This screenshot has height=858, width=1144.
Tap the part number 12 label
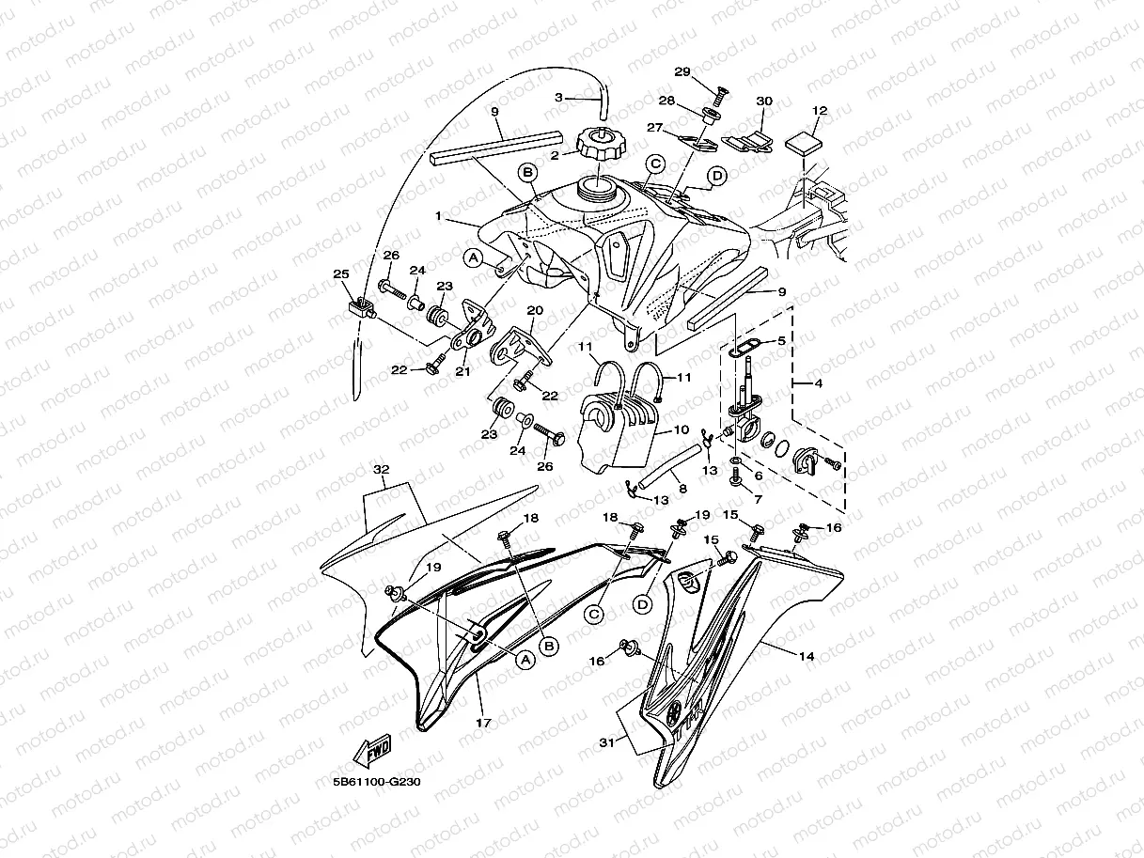coord(819,111)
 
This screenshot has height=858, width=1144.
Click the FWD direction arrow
coord(371,752)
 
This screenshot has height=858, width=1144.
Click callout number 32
coord(380,468)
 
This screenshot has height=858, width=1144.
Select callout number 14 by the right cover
coord(806,657)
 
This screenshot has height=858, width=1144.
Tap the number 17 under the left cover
coord(483,724)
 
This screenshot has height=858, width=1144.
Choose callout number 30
coord(763,101)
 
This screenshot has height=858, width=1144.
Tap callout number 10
coord(681,429)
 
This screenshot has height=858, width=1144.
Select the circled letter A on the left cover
coord(525,659)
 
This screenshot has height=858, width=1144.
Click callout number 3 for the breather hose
coord(558,97)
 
